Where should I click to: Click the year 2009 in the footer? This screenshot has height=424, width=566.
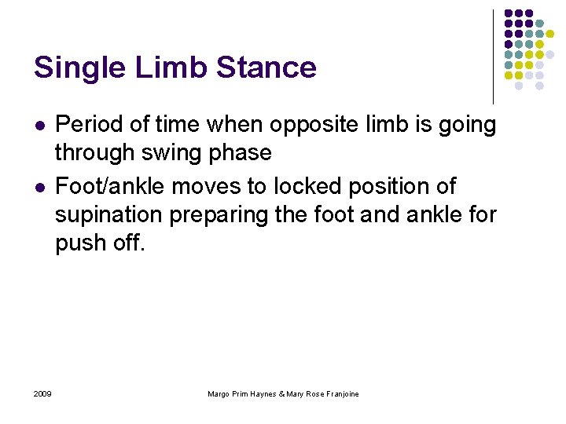pos(43,393)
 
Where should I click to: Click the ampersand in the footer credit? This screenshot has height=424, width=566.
pos(282,393)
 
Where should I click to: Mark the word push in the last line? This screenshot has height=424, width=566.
pos(78,243)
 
